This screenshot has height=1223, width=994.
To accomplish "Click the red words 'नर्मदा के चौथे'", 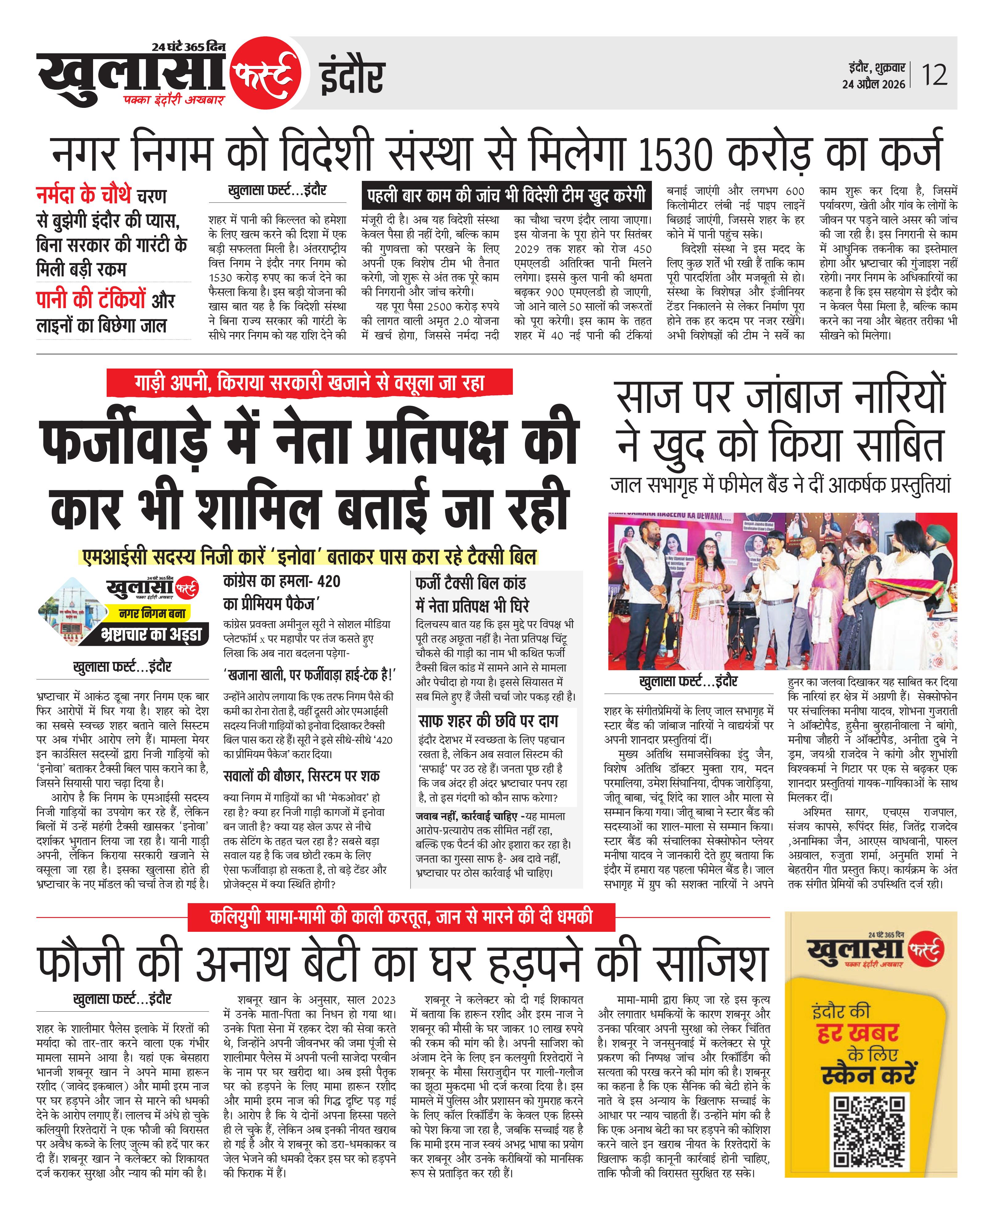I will pos(84,196).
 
